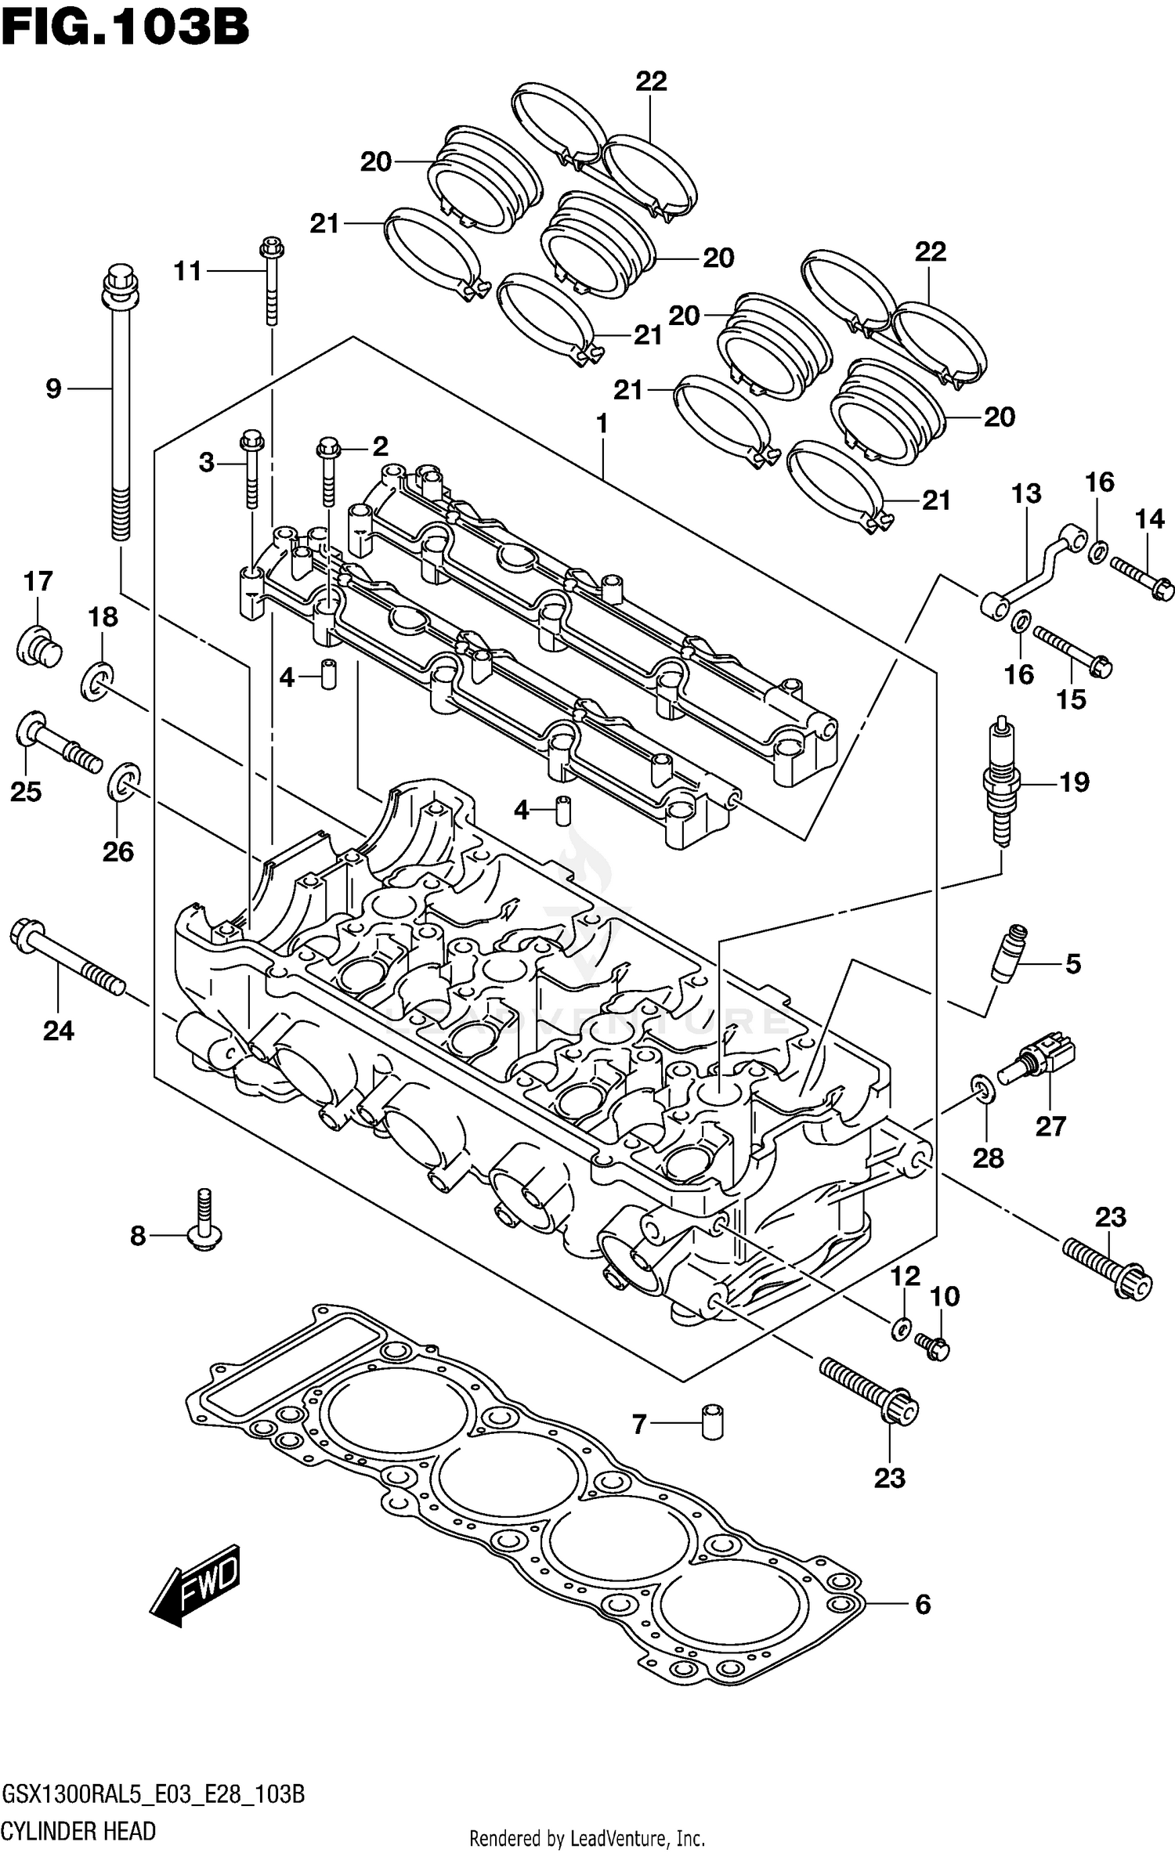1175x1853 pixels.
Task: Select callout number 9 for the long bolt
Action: [53, 388]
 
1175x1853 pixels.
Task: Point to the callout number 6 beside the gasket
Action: [923, 1605]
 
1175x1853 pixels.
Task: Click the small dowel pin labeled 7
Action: [711, 1421]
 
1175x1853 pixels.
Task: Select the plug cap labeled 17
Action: [39, 646]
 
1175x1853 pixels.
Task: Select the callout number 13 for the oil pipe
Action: [1025, 493]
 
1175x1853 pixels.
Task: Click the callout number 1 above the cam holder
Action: [602, 424]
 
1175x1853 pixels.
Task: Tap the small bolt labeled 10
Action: [932, 1347]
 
